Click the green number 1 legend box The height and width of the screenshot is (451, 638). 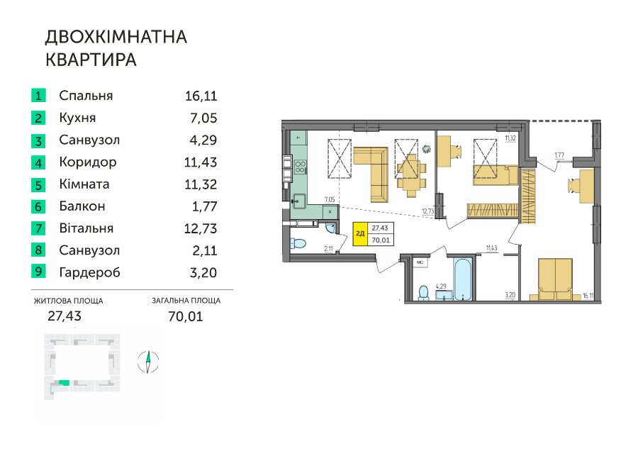(38, 96)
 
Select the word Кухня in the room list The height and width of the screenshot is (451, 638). (77, 118)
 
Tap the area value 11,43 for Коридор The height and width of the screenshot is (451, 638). (201, 162)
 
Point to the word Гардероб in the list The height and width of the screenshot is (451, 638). (89, 272)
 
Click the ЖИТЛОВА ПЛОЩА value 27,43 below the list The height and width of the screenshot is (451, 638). (65, 316)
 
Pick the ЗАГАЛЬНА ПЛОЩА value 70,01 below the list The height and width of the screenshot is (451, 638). (186, 316)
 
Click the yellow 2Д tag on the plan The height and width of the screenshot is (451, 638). (359, 234)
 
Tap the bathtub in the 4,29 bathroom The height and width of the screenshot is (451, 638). (462, 279)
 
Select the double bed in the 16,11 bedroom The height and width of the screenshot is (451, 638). (555, 279)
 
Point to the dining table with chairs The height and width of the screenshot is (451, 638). (412, 172)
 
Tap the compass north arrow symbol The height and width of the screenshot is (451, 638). (148, 362)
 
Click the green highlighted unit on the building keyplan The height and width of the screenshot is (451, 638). (64, 383)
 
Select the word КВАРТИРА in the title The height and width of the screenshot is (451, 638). (91, 60)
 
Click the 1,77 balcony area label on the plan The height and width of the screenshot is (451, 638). (559, 155)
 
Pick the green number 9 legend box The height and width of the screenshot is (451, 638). (38, 271)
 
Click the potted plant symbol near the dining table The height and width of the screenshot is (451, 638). (426, 150)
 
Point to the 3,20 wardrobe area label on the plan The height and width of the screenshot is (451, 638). (510, 295)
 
